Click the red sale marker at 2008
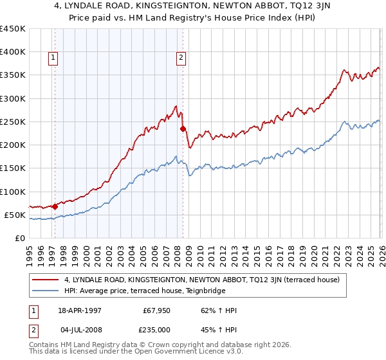[183, 129]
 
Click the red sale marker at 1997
[55, 206]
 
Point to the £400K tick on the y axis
[13, 52]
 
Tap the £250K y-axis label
[13, 122]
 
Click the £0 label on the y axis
[20, 238]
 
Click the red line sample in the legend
[46, 280]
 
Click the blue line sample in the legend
[46, 291]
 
